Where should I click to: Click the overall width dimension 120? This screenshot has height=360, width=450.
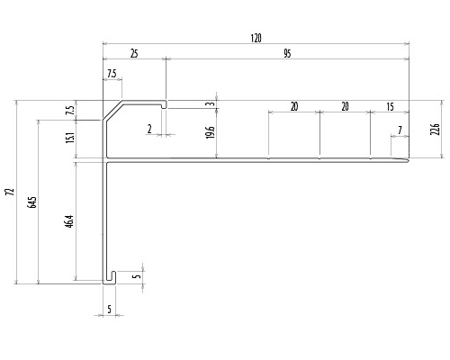pyautogui.click(x=256, y=39)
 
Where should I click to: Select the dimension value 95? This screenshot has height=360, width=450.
pyautogui.click(x=287, y=54)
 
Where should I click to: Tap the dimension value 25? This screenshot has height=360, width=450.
pyautogui.click(x=134, y=54)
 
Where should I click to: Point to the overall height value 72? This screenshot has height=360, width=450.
pyautogui.click(x=12, y=192)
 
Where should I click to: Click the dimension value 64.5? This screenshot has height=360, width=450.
pyautogui.click(x=32, y=202)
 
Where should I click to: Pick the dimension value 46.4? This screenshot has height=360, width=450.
pyautogui.click(x=69, y=221)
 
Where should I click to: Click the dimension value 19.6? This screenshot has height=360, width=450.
pyautogui.click(x=211, y=132)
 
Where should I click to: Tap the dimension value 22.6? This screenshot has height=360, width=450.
pyautogui.click(x=435, y=129)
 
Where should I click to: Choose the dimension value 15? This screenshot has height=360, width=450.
pyautogui.click(x=390, y=106)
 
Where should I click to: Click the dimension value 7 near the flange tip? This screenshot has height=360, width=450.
pyautogui.click(x=400, y=130)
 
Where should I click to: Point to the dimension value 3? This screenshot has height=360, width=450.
pyautogui.click(x=211, y=103)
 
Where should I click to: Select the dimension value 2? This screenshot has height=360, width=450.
pyautogui.click(x=149, y=130)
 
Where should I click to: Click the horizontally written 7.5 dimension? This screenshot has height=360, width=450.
pyautogui.click(x=112, y=74)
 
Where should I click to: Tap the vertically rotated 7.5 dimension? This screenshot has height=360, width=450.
pyautogui.click(x=70, y=110)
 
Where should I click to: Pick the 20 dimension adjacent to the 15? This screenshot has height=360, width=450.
pyautogui.click(x=345, y=106)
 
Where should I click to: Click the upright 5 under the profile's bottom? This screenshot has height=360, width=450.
pyautogui.click(x=109, y=309)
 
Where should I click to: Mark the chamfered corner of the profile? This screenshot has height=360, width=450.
pyautogui.click(x=112, y=110)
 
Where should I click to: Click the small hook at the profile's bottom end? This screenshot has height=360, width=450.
pyautogui.click(x=110, y=278)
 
